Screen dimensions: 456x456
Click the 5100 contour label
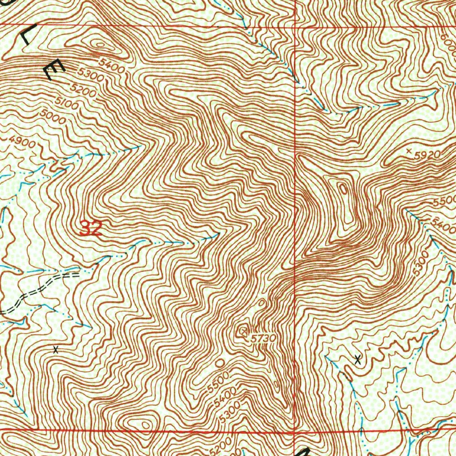(x=67, y=104)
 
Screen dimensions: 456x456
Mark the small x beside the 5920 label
(x=409, y=151)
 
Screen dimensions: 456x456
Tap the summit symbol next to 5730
(x=243, y=331)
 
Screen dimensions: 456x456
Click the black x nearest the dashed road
(x=55, y=350)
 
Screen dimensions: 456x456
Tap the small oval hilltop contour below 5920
(x=343, y=189)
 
